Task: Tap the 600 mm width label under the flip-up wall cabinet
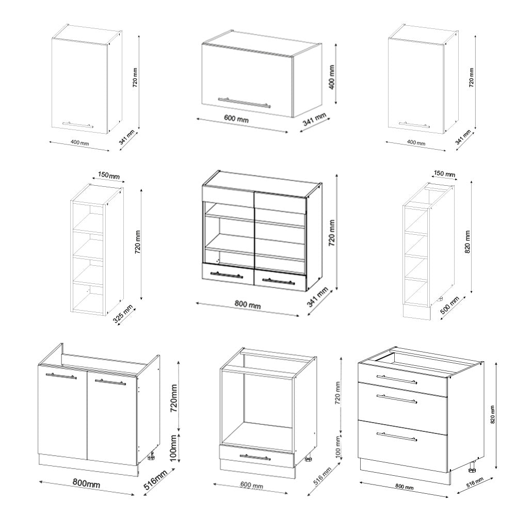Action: tap(236, 119)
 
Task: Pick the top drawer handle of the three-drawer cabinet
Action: tap(397, 379)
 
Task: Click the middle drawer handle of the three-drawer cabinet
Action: tap(397, 399)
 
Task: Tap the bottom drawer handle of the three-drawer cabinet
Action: tap(397, 436)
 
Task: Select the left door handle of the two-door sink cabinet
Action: tap(61, 377)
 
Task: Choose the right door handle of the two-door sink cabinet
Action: tap(109, 382)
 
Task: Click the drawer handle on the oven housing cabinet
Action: tap(256, 457)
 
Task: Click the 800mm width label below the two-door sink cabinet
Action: tap(86, 483)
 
